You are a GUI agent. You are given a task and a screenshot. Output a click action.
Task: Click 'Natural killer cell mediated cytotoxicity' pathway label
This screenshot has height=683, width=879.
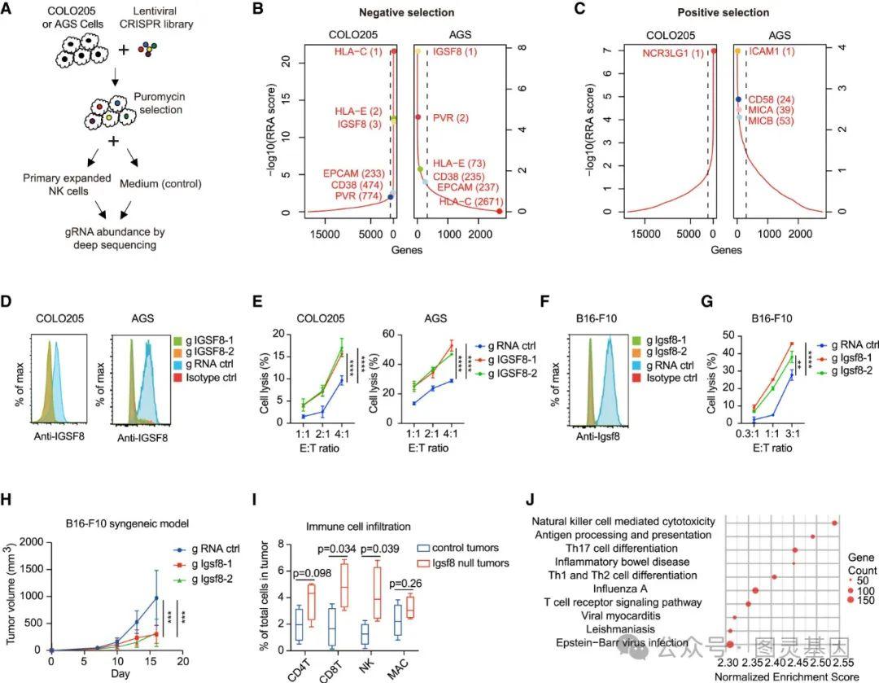624,521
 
